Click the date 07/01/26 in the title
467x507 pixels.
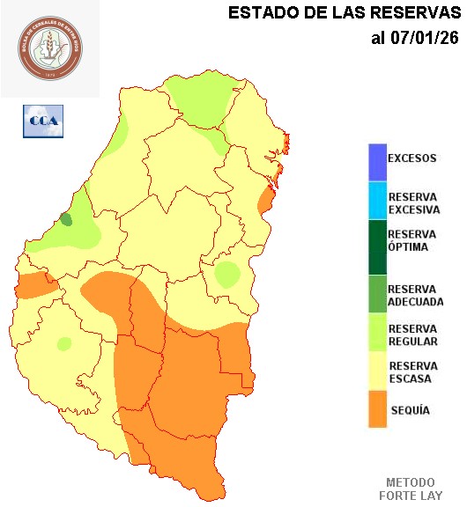425,38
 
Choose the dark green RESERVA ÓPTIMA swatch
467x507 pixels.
377,246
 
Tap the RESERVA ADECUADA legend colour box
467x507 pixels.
377,294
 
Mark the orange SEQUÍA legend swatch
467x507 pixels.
377,409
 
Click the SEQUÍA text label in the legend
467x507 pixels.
410,410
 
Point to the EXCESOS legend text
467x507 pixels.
411,158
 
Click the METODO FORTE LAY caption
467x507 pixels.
411,489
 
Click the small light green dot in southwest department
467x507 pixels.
63,343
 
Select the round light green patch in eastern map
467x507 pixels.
227,275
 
